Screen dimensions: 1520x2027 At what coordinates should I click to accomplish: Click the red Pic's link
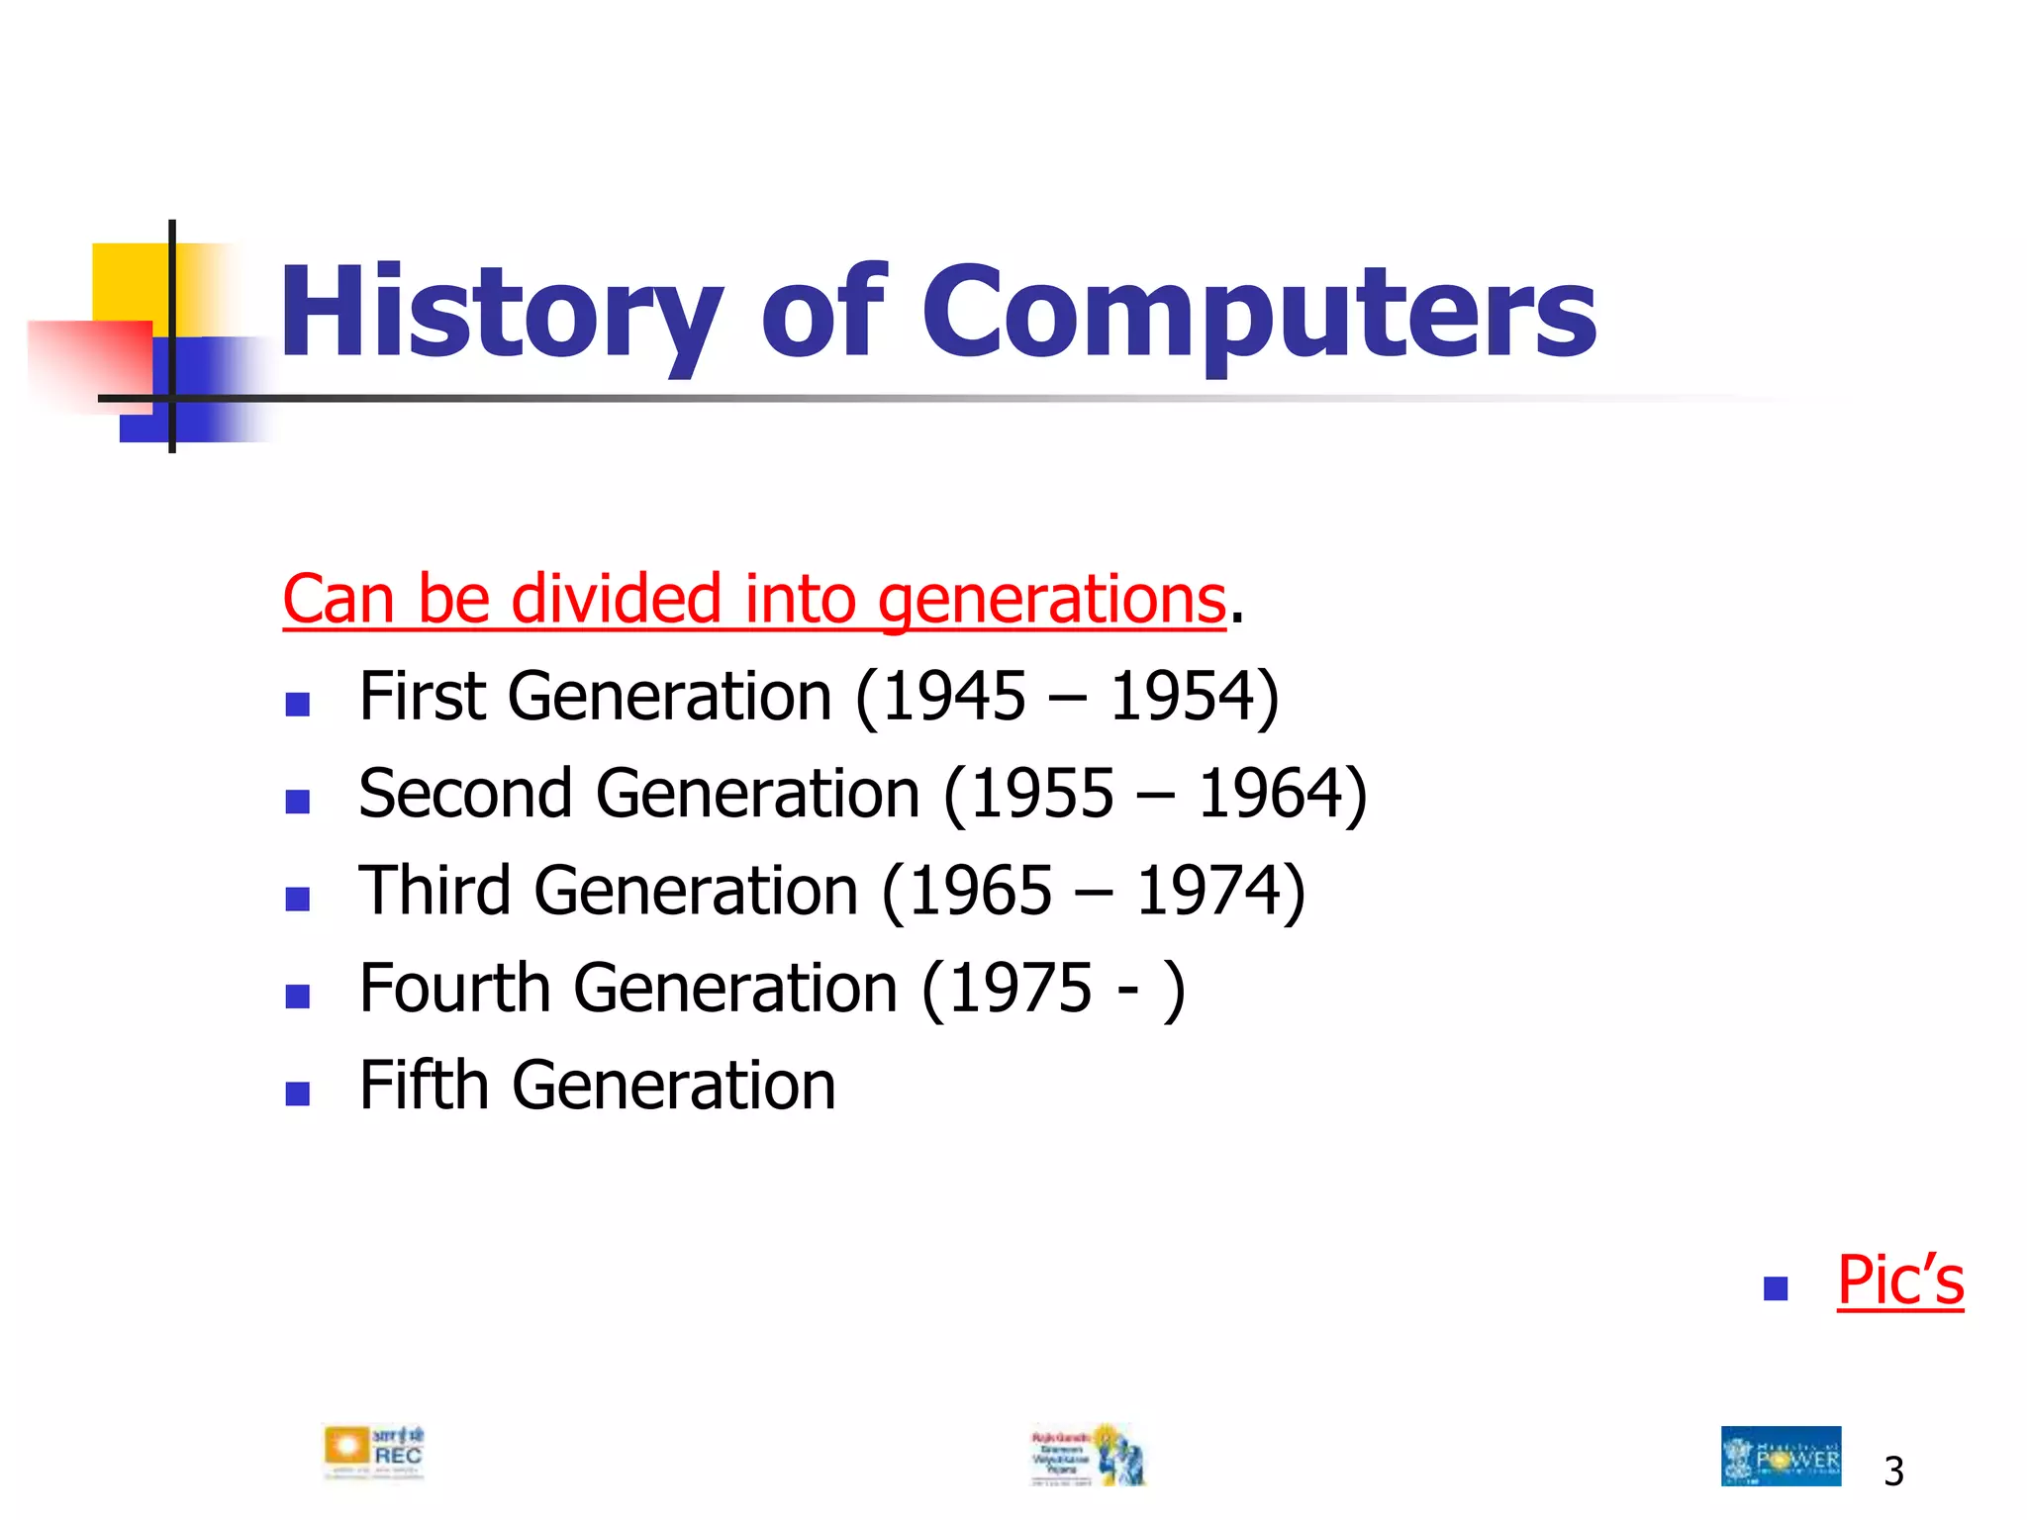point(1899,1281)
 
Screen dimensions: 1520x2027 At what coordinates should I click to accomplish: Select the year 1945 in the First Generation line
point(953,696)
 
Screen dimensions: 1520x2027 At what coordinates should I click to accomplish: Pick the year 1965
point(980,891)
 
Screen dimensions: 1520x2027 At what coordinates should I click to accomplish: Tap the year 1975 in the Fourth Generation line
point(1020,989)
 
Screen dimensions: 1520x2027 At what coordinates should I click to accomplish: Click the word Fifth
point(424,1086)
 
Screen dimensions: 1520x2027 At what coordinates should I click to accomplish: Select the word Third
point(434,891)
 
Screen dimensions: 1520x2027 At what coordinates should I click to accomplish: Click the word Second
point(465,794)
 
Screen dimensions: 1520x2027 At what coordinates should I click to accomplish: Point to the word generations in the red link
point(1051,601)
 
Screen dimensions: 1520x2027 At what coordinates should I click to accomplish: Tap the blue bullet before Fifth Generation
point(297,1092)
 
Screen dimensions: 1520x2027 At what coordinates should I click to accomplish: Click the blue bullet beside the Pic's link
point(1776,1288)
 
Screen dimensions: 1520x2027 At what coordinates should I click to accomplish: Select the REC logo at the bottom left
point(374,1453)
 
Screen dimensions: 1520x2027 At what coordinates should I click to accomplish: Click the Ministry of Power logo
point(1781,1456)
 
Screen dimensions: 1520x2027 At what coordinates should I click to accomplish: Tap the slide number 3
point(1893,1472)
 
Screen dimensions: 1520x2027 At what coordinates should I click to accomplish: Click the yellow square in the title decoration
point(129,281)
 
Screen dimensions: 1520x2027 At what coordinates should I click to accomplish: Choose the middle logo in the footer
point(1088,1455)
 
